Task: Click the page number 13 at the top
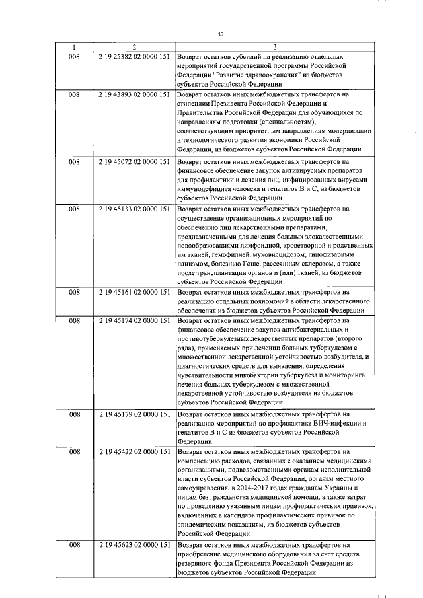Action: [x=221, y=34]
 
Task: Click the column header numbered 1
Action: [x=74, y=48]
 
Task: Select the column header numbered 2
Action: [x=134, y=48]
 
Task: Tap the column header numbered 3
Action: [x=273, y=48]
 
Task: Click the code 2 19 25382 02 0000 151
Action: [x=134, y=57]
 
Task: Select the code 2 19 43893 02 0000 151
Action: [x=134, y=95]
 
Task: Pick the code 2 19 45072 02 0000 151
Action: [x=134, y=161]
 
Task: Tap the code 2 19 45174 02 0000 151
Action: [x=134, y=320]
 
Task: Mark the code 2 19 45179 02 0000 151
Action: [x=134, y=413]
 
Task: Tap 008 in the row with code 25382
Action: [x=74, y=57]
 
